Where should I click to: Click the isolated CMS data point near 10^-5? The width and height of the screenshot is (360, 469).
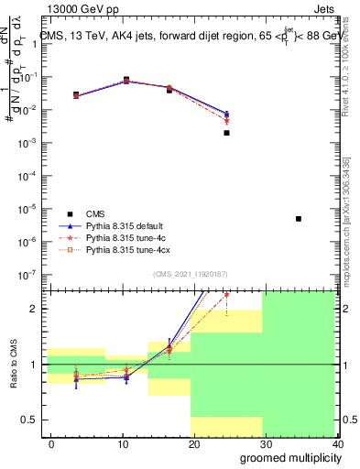pyautogui.click(x=299, y=219)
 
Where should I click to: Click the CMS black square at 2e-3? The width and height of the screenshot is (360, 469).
pyautogui.click(x=226, y=133)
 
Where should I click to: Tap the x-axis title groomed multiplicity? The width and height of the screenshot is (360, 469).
pyautogui.click(x=287, y=457)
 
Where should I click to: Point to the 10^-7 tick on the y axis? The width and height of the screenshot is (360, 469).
pyautogui.click(x=32, y=274)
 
